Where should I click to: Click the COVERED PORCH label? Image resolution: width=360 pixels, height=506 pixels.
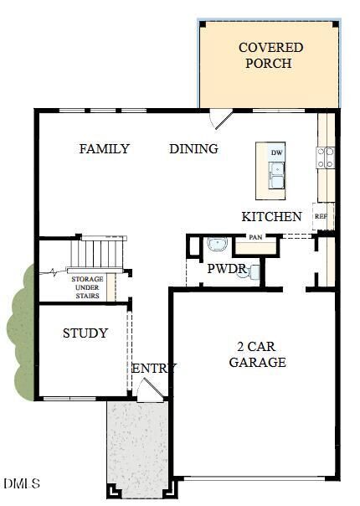[x=270, y=55]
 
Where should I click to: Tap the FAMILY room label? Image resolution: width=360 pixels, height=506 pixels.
[x=105, y=149]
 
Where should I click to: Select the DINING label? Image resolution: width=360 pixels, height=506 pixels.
[x=193, y=149]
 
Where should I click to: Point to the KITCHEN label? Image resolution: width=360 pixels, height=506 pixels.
[x=272, y=216]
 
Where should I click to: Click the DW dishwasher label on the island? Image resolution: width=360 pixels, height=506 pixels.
[x=276, y=152]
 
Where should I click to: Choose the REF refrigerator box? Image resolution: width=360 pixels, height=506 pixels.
[x=321, y=216]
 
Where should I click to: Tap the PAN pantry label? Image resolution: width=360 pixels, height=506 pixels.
[x=255, y=237]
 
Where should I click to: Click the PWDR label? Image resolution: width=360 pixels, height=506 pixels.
[x=226, y=270]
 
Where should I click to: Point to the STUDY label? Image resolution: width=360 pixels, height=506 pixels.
[x=85, y=333]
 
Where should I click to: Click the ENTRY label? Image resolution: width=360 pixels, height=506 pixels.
[x=154, y=369]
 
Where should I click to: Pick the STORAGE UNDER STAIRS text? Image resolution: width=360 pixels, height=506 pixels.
[x=86, y=287]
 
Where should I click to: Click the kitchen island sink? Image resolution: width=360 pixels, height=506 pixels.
[x=276, y=177]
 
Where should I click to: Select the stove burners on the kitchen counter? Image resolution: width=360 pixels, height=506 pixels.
[x=326, y=157]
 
